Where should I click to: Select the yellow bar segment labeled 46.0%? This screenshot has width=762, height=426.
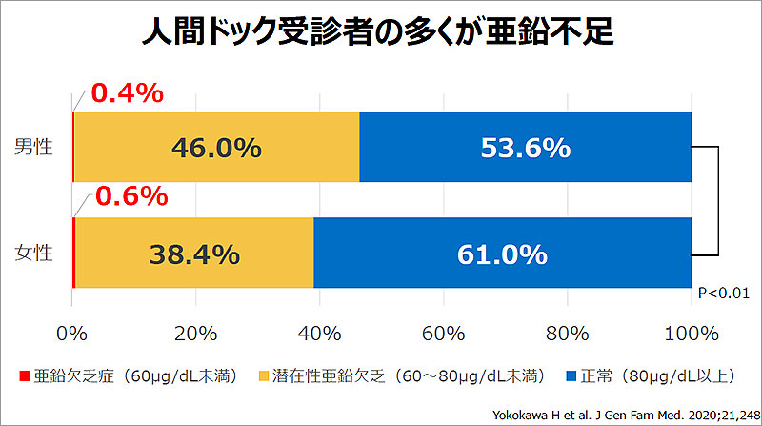point(216,147)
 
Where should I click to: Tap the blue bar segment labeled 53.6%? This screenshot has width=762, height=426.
point(525,147)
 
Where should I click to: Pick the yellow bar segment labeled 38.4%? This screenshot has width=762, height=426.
point(193,254)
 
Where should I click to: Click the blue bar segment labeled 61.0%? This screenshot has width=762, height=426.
point(502,254)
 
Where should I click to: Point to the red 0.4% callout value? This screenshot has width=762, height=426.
point(128,93)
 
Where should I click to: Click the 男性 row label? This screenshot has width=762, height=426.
point(34,147)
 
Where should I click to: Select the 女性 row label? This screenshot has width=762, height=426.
point(34,254)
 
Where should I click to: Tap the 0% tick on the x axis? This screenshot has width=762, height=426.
point(72,334)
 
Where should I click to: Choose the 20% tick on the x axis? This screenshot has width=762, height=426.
point(195,334)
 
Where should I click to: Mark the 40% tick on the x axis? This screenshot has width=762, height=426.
point(319,334)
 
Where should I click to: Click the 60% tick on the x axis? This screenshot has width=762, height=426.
point(443,334)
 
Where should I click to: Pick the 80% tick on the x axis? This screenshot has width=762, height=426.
point(567,334)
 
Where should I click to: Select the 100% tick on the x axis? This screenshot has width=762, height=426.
point(691,334)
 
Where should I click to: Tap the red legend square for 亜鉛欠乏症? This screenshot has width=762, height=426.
point(24,375)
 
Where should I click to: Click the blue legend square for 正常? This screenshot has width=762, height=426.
point(571,375)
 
